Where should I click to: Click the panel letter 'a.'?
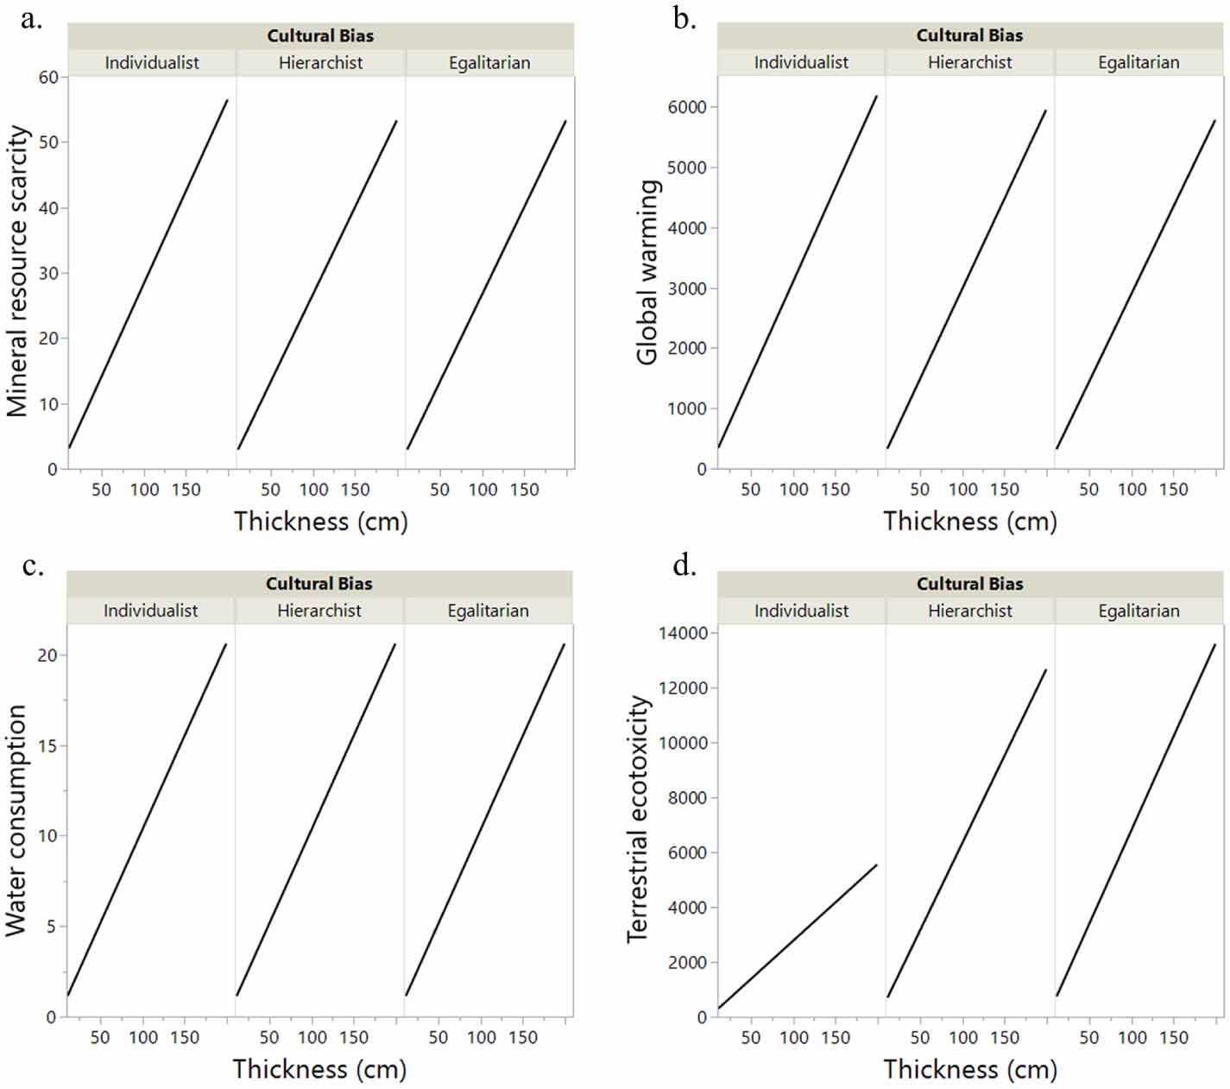coord(31,19)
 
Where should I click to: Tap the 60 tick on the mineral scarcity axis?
coord(48,78)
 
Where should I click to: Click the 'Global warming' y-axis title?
coord(648,272)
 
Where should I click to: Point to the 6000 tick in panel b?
coord(687,107)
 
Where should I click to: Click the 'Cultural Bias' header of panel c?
coord(319,584)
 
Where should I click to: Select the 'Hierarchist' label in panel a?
coord(320,62)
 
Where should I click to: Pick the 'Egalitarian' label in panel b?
coord(1138,62)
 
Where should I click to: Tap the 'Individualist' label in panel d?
coord(801,611)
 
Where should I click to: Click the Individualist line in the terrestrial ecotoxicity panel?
coord(798,936)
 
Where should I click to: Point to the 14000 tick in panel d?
coord(683,633)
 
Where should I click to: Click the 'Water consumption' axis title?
coord(16,820)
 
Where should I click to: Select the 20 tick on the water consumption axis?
coord(47,655)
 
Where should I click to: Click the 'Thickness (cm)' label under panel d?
coord(969,1069)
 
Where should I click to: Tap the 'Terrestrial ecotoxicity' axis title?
coord(638,819)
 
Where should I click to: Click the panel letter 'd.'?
coord(684,567)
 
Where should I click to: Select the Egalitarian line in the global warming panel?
coord(1135,285)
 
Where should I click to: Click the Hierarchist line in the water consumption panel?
coord(315,820)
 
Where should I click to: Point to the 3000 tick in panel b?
coord(687,288)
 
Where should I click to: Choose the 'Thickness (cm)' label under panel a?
coord(320,522)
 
